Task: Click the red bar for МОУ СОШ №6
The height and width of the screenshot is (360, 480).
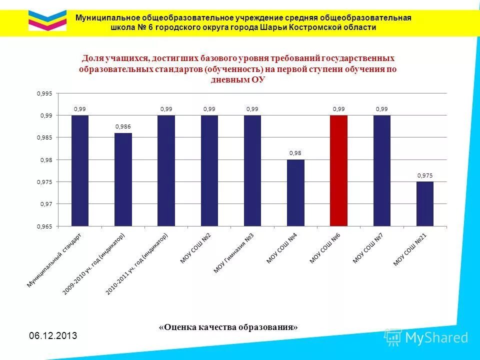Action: tap(338, 170)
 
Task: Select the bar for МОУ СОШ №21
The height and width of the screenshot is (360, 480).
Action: tap(425, 203)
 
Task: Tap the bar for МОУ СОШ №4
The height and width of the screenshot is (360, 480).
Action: tap(295, 192)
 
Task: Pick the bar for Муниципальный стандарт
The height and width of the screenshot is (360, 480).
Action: tap(80, 170)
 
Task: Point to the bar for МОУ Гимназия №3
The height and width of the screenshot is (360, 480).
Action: tap(252, 170)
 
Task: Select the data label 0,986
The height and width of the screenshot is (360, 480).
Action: tap(123, 126)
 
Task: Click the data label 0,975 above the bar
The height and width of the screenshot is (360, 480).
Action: tap(425, 175)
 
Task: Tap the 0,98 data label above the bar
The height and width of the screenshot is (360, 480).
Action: tap(295, 153)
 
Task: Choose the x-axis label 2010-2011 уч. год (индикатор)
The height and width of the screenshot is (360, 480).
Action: tap(139, 263)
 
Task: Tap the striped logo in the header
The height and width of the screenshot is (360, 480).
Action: tap(47, 20)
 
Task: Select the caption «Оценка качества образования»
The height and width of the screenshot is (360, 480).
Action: tap(228, 327)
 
